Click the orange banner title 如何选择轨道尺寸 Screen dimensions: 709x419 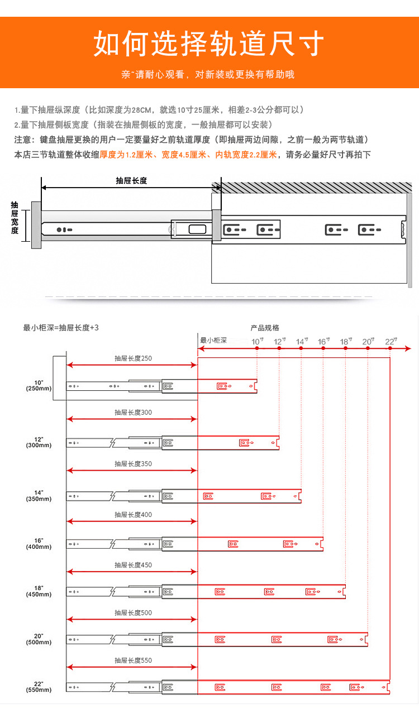tap(209, 44)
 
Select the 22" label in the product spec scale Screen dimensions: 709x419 tap(390, 341)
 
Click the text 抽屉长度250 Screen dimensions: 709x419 tap(133, 358)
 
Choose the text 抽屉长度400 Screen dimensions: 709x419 tap(133, 515)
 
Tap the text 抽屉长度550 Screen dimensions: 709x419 tap(133, 660)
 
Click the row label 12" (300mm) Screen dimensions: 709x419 tap(39, 442)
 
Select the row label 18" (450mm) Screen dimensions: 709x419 tap(39, 591)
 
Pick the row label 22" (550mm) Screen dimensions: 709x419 tap(39, 687)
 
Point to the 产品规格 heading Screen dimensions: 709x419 tap(265, 328)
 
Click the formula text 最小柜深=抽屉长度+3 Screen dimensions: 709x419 tap(61, 328)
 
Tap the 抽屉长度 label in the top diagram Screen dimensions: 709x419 tap(131, 181)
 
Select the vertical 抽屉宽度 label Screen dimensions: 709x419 tap(15, 218)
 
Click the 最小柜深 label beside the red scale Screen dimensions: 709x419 tap(213, 341)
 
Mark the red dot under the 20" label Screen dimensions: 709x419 tap(368, 348)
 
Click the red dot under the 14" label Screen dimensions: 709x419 tap(301, 348)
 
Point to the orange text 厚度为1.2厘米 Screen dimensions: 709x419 tap(126, 155)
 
